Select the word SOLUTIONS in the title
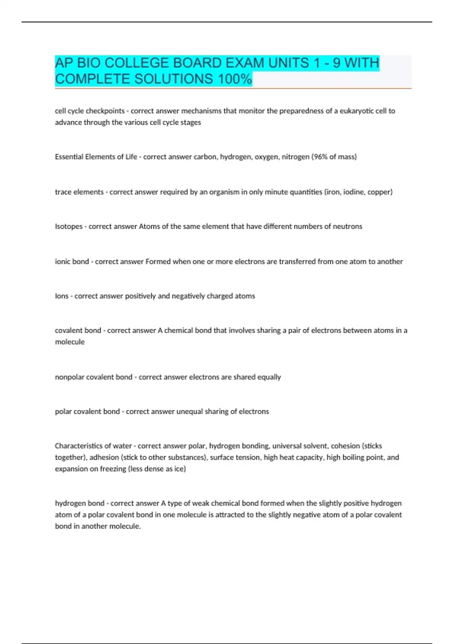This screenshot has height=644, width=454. pos(173,79)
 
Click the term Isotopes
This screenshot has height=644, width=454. pos(68,227)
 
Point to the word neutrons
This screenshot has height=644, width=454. pos(347,227)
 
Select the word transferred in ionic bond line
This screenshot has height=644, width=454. pos(297,261)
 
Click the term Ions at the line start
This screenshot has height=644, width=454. pos(61,296)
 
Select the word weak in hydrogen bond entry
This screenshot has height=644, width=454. pos(201,503)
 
